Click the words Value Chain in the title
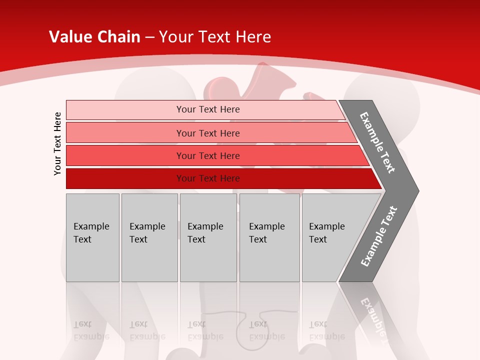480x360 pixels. [x=94, y=37]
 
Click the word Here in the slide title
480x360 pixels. [x=253, y=37]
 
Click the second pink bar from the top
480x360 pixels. [x=208, y=133]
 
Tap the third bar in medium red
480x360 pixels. [x=208, y=155]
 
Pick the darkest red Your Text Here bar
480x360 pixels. [x=208, y=178]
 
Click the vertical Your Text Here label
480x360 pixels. [x=57, y=143]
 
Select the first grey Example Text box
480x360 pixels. [x=92, y=237]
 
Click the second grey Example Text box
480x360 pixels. [x=149, y=237]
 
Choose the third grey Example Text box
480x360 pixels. [x=208, y=237]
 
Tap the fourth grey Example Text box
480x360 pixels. [x=269, y=237]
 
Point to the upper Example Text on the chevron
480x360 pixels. [x=377, y=142]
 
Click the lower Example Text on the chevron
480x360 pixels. [x=378, y=236]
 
